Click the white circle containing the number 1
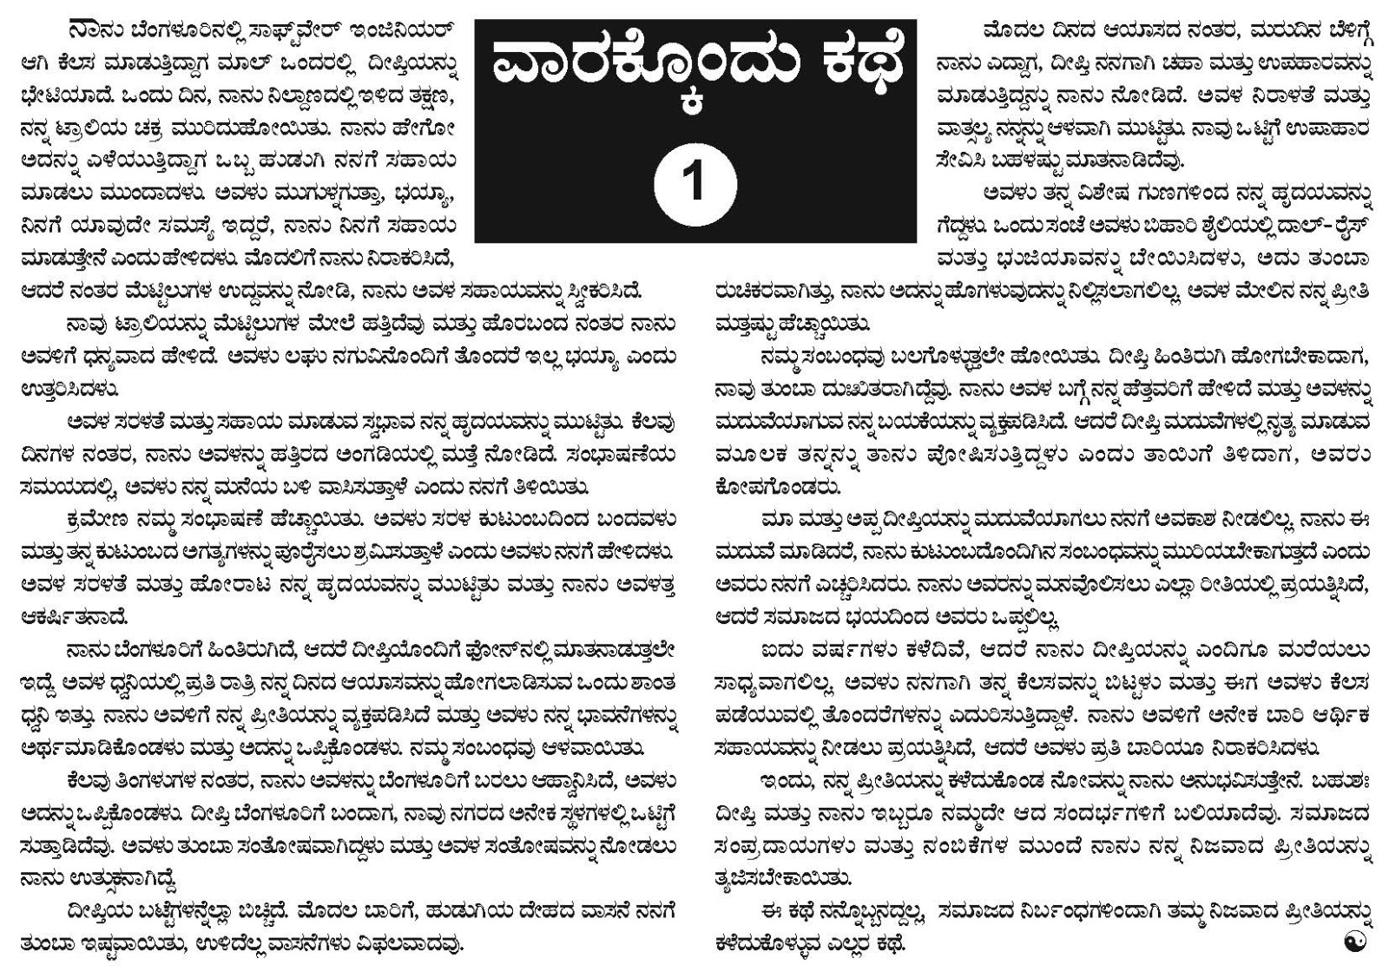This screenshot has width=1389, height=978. point(695,185)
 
